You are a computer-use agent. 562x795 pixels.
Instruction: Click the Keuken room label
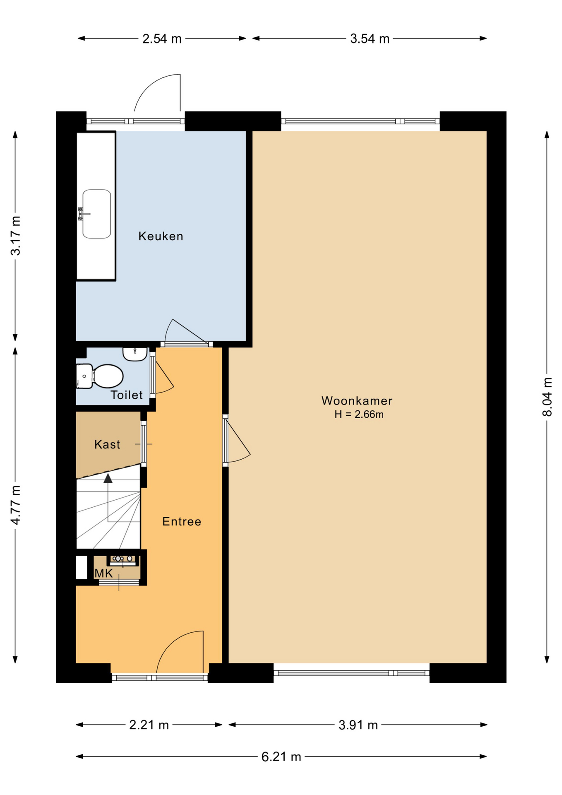161,236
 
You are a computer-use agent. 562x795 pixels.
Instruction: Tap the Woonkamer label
357,400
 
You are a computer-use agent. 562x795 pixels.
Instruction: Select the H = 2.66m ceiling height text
359,414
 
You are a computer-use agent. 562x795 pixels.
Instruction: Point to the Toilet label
127,395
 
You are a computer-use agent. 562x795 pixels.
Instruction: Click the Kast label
107,444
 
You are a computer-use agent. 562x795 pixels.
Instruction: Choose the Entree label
182,521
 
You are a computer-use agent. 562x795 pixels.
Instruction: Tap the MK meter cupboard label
103,573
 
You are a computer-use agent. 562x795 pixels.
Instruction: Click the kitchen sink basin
96,214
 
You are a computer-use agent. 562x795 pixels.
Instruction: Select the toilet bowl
108,376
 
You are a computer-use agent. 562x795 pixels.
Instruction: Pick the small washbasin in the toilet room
135,354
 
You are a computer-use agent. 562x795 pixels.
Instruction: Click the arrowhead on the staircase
108,478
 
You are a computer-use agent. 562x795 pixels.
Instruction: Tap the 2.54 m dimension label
162,39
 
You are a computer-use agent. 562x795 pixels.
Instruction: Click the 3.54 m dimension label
370,39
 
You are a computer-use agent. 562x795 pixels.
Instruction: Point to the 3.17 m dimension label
15,236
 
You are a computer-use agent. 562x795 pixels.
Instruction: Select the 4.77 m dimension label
15,505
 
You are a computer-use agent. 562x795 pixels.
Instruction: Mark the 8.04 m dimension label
547,397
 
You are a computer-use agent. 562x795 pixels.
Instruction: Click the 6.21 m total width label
281,756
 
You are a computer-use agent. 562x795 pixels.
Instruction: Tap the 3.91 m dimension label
358,725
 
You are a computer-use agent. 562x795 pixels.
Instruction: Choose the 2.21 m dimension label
149,725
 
